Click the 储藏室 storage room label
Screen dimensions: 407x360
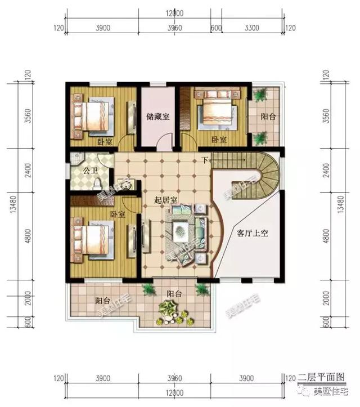coord(159,117)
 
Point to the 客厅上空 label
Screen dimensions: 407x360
coord(248,232)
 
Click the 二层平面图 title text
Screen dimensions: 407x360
coord(321,378)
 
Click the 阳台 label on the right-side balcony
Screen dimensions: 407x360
coord(268,118)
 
